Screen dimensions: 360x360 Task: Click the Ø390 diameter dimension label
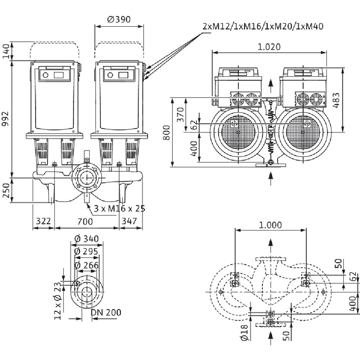point(118,19)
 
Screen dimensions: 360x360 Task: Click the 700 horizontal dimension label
point(85,221)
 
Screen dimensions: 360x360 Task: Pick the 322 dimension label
point(43,221)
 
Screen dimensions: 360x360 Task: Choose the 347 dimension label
point(130,221)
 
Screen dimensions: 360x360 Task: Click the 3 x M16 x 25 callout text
point(119,208)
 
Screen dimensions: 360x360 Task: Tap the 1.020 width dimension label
point(269,47)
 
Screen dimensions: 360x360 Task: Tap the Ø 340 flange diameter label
point(86,239)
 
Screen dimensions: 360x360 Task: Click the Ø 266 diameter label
point(86,265)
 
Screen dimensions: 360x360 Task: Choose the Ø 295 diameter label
point(86,252)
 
